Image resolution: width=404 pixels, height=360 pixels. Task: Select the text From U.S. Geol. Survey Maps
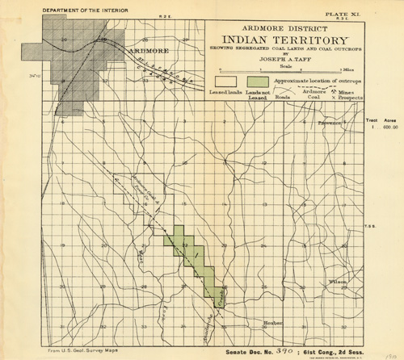78,351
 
